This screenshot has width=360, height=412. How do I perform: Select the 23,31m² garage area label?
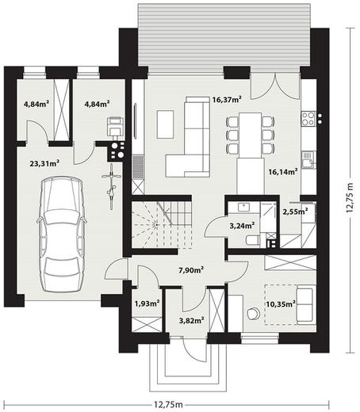coord(44,163)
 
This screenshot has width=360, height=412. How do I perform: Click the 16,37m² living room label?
coord(227,100)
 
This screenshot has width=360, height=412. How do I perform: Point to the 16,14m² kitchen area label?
coord(283,172)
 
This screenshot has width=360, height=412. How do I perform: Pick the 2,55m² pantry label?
coord(295,212)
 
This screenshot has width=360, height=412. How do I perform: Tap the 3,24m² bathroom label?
coord(242,226)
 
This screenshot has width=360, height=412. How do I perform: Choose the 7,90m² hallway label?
coord(191,270)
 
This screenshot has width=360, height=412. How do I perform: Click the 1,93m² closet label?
coord(147,303)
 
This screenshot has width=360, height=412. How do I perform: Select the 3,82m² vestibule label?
coord(192,321)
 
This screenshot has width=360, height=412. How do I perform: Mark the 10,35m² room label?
coord(281,304)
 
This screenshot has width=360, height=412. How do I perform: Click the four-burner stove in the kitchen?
coord(308,119)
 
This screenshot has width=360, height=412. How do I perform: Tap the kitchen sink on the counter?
coord(308,160)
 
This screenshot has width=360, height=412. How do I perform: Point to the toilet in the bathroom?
coord(253,240)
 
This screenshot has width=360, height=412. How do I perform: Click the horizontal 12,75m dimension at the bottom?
coord(168,404)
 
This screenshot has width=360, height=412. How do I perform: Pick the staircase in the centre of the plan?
coord(162,225)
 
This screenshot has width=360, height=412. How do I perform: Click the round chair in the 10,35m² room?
coord(254,314)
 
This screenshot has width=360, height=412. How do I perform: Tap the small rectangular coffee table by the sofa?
coord(166,124)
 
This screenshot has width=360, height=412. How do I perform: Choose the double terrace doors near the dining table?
coord(275,86)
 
